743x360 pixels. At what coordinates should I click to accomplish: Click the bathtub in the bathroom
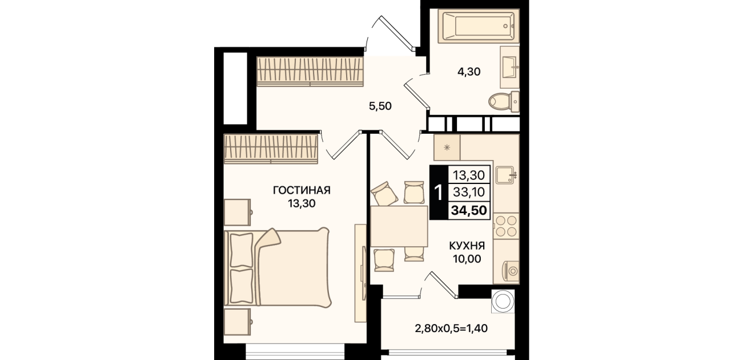[x=479, y=26]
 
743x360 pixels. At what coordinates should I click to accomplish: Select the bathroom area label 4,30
[x=469, y=71]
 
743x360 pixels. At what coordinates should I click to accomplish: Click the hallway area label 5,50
[x=380, y=106]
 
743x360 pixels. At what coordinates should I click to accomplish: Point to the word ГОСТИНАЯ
[x=302, y=190]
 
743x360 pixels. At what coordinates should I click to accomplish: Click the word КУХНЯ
[x=467, y=246]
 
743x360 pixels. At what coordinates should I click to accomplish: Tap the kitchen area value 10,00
[x=467, y=259]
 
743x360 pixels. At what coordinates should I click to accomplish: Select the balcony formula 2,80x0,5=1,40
[x=451, y=329]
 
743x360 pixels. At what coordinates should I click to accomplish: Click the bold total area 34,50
[x=469, y=210]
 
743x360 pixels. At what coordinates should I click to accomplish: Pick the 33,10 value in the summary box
[x=469, y=192]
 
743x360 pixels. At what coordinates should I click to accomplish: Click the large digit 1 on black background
[x=439, y=193]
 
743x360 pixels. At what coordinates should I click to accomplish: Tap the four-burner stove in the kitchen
[x=506, y=226]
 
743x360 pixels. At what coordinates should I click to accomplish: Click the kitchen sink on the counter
[x=505, y=175]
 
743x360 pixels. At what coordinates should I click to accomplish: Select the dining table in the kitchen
[x=399, y=226]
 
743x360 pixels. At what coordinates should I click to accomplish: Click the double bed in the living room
[x=278, y=267]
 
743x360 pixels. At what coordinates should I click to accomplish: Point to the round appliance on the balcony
[x=503, y=301]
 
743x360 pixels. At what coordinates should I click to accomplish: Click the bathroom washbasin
[x=509, y=67]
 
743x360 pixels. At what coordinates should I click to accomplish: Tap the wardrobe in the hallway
[x=310, y=71]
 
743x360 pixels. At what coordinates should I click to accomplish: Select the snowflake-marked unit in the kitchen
[x=447, y=147]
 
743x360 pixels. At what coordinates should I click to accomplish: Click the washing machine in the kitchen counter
[x=511, y=271]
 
